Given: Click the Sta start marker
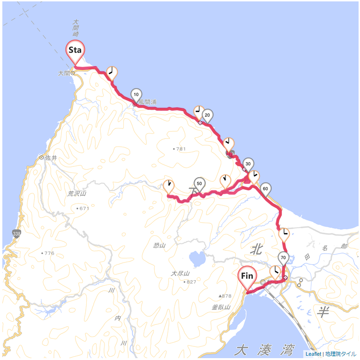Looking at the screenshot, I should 75,51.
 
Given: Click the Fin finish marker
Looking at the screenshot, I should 247,277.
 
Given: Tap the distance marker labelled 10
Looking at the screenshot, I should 136,95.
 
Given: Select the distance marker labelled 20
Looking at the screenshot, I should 207,115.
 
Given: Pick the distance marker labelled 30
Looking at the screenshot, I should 248,164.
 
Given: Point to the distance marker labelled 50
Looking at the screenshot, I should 200,183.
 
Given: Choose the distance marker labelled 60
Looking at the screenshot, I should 266,188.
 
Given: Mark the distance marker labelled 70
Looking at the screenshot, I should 283,257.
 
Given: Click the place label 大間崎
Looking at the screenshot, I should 75,28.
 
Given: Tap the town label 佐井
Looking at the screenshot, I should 51,158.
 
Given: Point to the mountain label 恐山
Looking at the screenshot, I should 159,245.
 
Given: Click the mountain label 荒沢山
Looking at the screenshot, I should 77,193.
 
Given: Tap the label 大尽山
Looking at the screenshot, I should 180,274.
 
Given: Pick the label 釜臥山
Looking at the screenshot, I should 221,307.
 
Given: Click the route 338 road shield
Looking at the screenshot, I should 17,233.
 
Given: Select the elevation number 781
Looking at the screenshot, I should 180,149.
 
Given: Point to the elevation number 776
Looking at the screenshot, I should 49,253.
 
